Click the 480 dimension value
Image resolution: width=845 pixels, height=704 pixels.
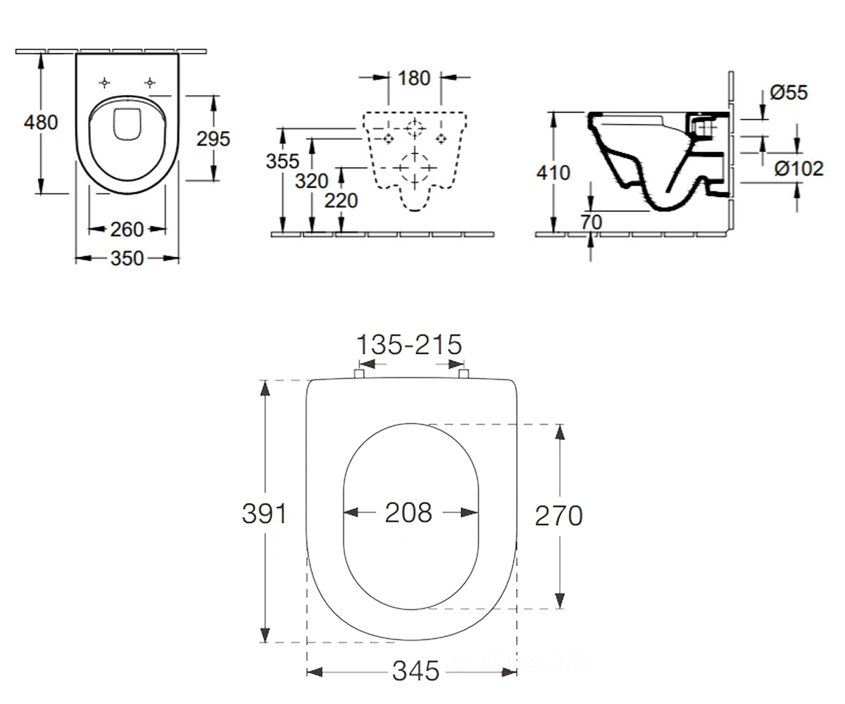pyautogui.click(x=41, y=122)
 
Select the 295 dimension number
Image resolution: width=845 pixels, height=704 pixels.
pyautogui.click(x=213, y=139)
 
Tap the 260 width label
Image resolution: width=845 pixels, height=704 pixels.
pyautogui.click(x=127, y=230)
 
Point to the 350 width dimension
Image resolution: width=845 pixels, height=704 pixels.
pyautogui.click(x=127, y=258)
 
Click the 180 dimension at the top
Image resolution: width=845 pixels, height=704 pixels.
pyautogui.click(x=414, y=78)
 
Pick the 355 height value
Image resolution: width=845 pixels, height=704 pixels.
pyautogui.click(x=282, y=161)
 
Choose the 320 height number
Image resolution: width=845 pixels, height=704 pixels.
pyautogui.click(x=311, y=181)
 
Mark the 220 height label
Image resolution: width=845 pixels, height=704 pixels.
pyautogui.click(x=341, y=201)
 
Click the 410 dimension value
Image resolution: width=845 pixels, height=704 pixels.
pyautogui.click(x=553, y=173)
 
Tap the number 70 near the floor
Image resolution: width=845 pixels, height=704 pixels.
pyautogui.click(x=591, y=222)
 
